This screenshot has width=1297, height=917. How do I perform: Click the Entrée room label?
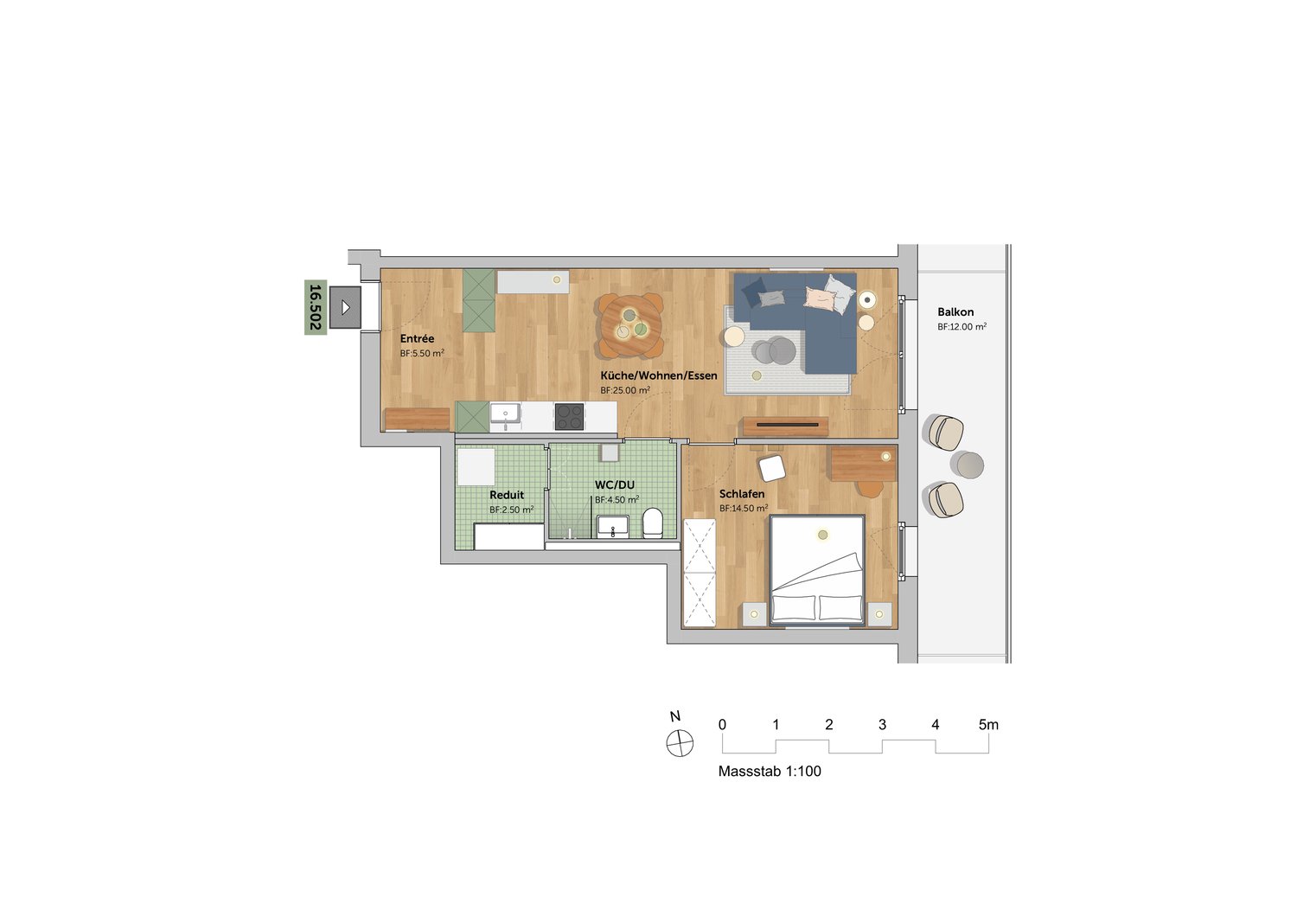click(417, 339)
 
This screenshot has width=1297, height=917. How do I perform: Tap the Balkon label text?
click(955, 312)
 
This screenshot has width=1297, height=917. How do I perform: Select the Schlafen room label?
click(742, 494)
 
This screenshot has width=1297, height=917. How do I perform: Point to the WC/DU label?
click(614, 484)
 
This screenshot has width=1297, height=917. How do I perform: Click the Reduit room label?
click(507, 496)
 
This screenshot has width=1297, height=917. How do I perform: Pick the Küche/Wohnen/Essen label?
click(659, 376)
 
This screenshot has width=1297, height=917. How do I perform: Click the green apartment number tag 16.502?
click(316, 307)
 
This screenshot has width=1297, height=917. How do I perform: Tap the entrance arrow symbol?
click(346, 307)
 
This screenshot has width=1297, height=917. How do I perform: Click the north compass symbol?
click(680, 743)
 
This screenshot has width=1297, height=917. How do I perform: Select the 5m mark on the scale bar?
click(988, 725)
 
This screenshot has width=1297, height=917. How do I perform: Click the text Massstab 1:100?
click(770, 772)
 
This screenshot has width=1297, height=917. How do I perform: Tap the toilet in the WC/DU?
click(653, 523)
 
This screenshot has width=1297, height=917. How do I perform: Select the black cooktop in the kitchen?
click(569, 416)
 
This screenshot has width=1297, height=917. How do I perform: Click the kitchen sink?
click(506, 414)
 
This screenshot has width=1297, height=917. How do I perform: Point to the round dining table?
click(630, 326)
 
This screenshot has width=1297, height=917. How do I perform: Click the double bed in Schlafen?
click(816, 571)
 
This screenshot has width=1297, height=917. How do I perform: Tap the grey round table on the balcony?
click(967, 465)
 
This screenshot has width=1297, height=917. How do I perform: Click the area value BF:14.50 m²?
click(744, 509)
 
